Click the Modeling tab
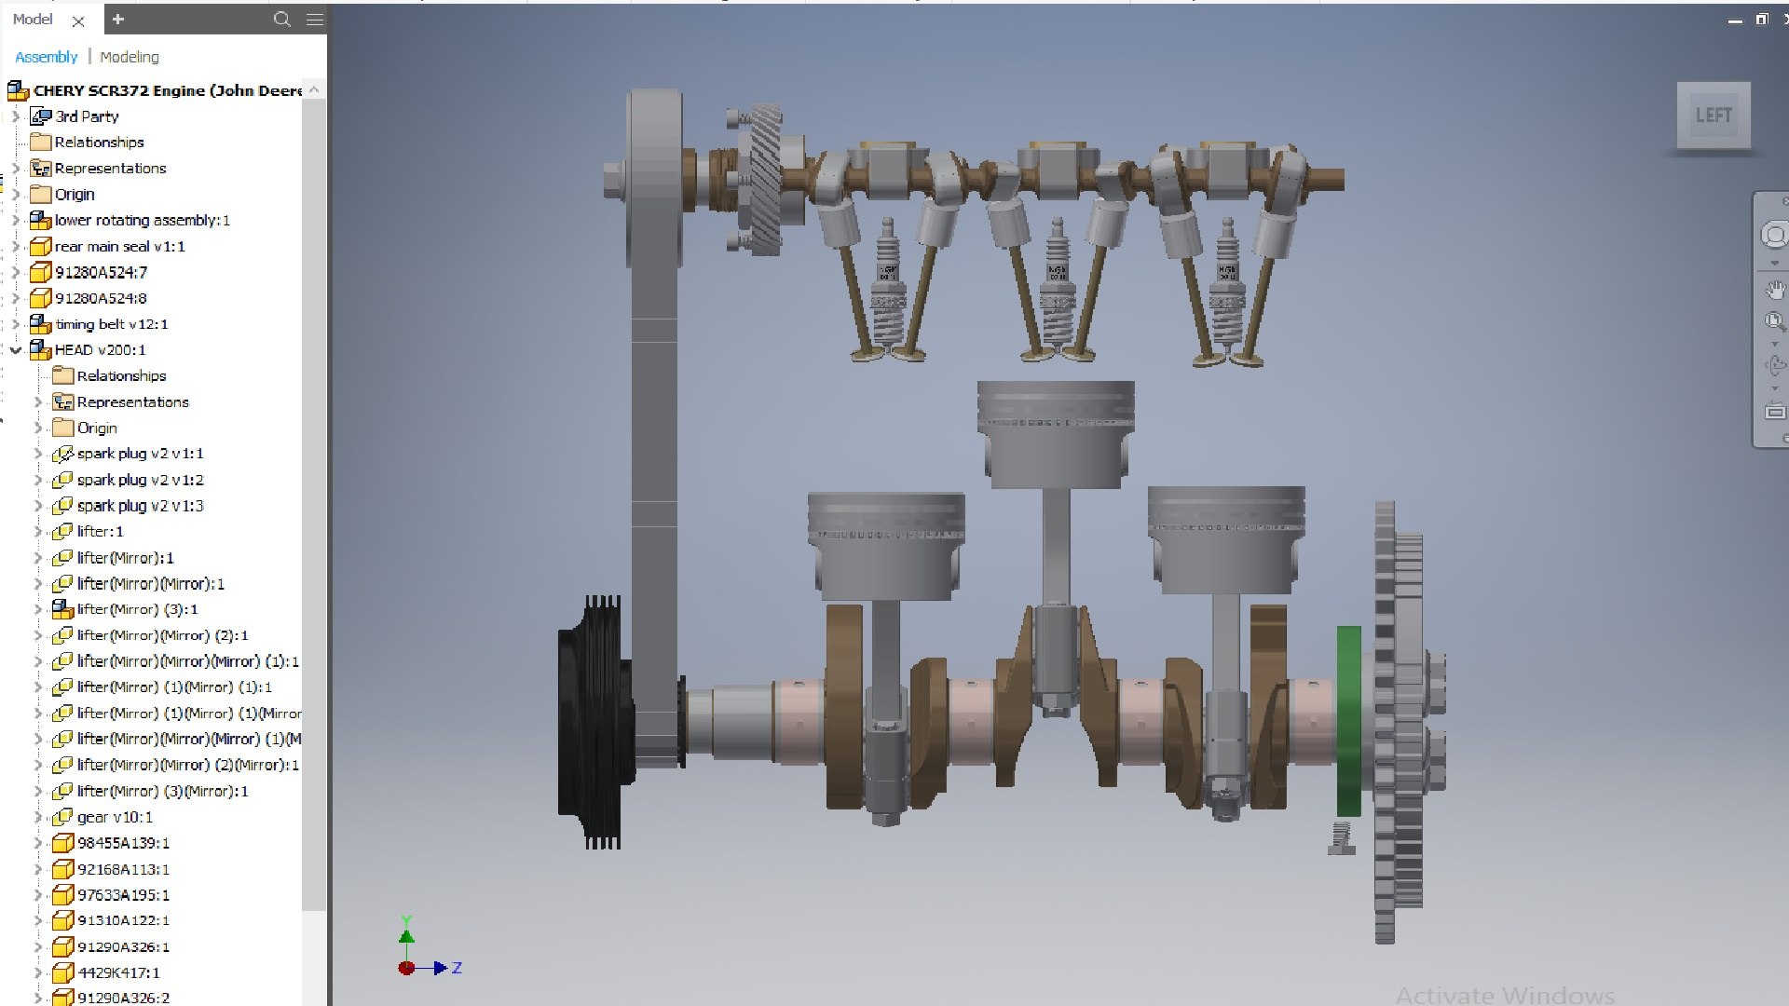point(129,57)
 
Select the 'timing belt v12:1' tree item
point(111,324)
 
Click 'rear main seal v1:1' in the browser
point(119,247)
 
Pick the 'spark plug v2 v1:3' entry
point(140,506)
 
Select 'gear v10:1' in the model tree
point(115,817)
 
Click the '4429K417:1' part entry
point(118,972)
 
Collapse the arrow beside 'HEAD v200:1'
point(15,350)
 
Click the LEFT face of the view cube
point(1713,116)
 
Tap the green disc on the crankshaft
point(1348,722)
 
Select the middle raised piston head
point(1056,433)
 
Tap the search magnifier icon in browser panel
point(281,19)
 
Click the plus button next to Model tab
point(118,19)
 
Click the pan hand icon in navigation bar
point(1774,291)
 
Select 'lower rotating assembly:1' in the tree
point(142,221)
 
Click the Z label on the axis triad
point(457,969)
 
